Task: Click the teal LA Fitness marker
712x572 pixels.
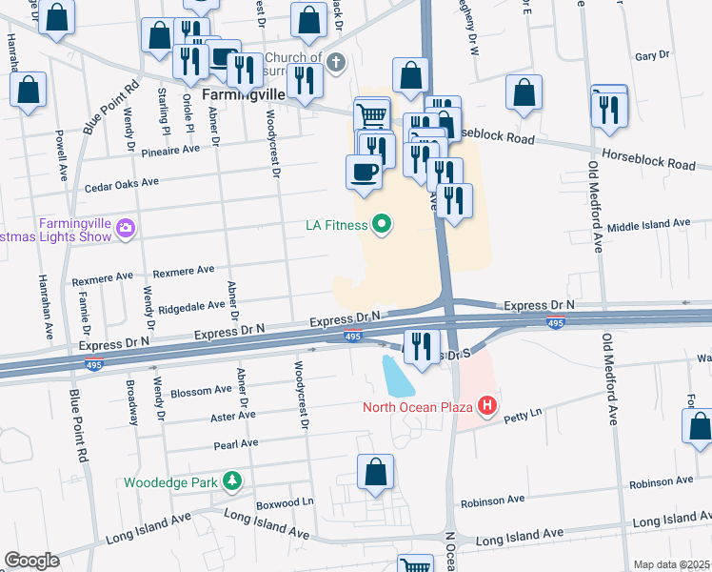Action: (x=382, y=225)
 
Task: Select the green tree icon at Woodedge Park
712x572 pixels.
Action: (x=230, y=481)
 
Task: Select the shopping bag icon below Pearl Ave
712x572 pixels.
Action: (x=376, y=471)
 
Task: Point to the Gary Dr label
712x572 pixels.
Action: (x=652, y=56)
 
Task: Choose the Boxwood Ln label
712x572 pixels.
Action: (x=284, y=502)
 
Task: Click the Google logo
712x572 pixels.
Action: (x=32, y=561)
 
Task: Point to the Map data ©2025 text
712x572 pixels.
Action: (x=671, y=564)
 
